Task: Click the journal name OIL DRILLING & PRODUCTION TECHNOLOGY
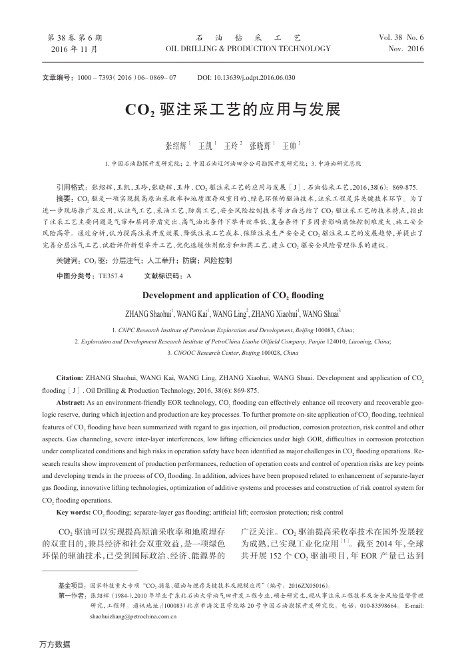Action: tap(250, 49)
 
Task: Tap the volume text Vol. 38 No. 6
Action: tap(401, 37)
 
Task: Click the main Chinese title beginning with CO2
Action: tap(232, 109)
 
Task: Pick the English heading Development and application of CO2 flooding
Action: tap(233, 295)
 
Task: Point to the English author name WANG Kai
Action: tap(192, 313)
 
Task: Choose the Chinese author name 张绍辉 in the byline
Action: tap(176, 144)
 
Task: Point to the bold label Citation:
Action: tap(70, 379)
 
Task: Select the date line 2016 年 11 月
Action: tap(75, 49)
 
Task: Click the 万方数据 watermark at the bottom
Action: tap(55, 644)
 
